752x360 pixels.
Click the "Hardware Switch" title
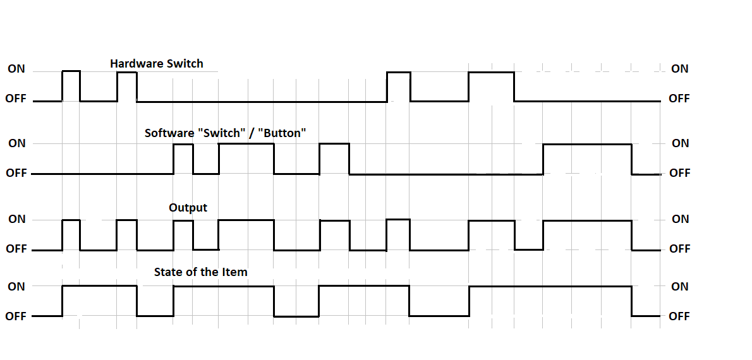(x=157, y=63)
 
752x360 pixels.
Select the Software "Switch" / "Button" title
(x=226, y=133)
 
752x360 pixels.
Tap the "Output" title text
(x=188, y=207)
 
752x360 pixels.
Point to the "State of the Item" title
(x=200, y=272)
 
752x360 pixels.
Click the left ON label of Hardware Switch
(x=16, y=69)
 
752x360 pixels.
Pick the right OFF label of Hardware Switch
(x=679, y=99)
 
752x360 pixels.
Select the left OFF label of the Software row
(x=16, y=173)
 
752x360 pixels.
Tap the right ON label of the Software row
(x=681, y=143)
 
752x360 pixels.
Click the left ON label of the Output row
(x=16, y=219)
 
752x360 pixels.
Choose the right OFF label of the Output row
(x=680, y=249)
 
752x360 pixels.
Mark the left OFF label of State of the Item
(x=16, y=316)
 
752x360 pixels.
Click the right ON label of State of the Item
(x=680, y=286)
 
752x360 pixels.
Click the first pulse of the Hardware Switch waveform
(x=71, y=86)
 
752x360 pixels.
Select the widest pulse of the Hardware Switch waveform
(x=491, y=86)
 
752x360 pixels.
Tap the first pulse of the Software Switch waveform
(x=183, y=159)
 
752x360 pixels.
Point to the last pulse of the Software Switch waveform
(x=587, y=159)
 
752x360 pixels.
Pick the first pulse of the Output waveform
(x=71, y=235)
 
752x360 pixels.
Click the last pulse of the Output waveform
(x=587, y=235)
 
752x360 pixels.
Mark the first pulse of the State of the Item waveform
(x=99, y=301)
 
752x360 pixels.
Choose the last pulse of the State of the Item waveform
(x=550, y=301)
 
